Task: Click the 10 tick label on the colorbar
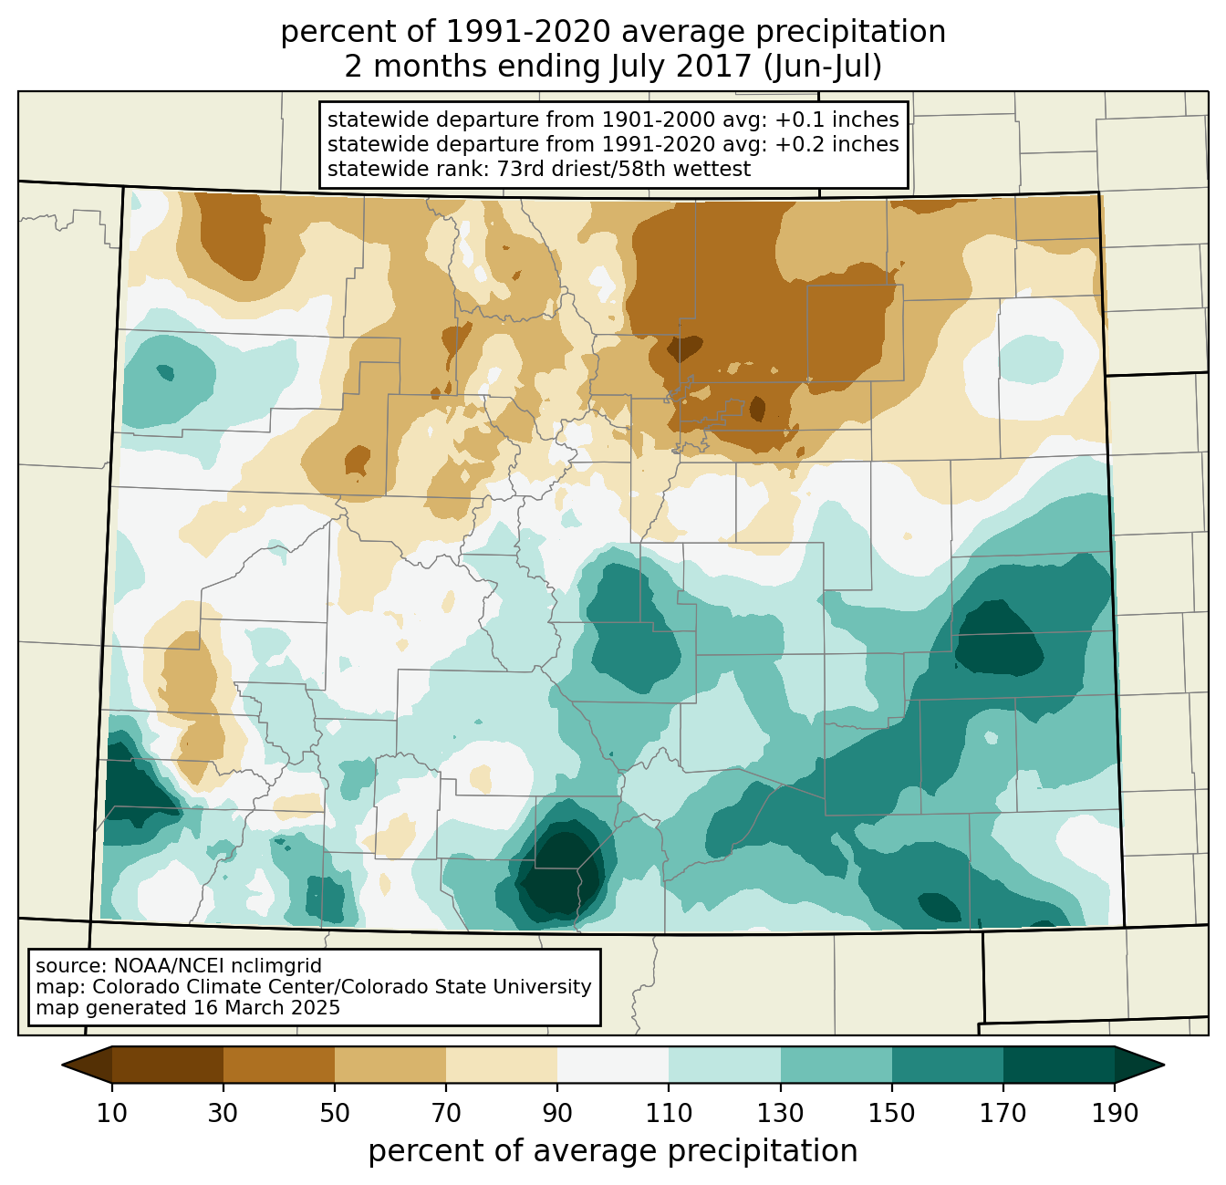tap(112, 1113)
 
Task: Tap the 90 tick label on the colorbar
tap(557, 1113)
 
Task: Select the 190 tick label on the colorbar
tap(1115, 1113)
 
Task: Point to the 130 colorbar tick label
tap(781, 1113)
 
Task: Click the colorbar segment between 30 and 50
tap(279, 1065)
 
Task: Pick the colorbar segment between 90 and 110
tap(613, 1065)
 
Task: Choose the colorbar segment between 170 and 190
tap(1059, 1065)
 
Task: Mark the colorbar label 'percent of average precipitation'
tap(613, 1151)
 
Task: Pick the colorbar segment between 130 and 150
tap(836, 1065)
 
